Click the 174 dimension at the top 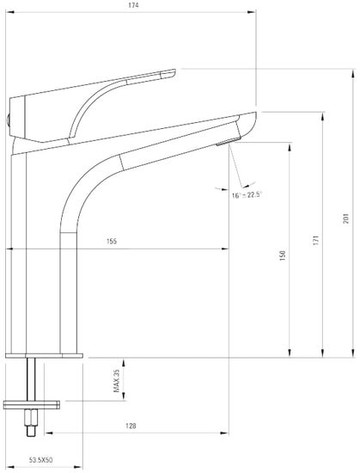tap(133, 6)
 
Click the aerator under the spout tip tap(226, 143)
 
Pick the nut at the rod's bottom tap(33, 420)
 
